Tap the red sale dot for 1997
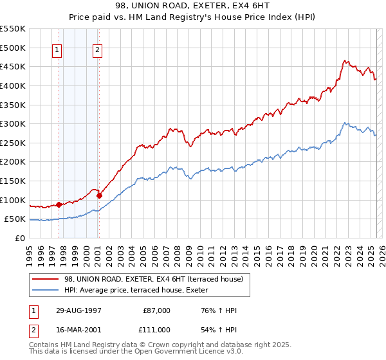[59, 204]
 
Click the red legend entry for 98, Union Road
[153, 279]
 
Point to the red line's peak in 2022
[344, 61]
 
